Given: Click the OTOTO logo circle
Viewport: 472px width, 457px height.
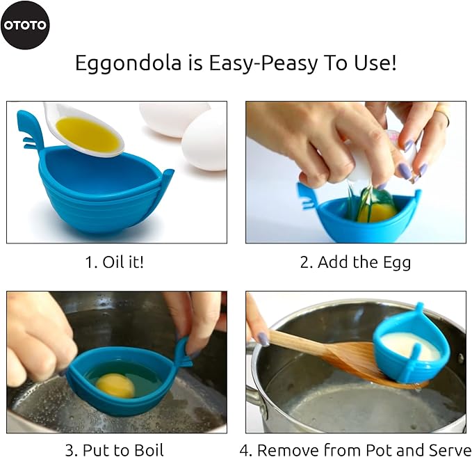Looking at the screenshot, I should [x=25, y=25].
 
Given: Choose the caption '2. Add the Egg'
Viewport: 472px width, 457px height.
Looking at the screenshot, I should [x=355, y=262].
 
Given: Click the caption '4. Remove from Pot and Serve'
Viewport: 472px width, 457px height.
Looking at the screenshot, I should [x=355, y=449].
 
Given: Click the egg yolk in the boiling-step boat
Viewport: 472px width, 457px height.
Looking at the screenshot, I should [x=115, y=385].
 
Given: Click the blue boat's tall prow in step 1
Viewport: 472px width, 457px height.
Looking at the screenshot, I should [x=31, y=129].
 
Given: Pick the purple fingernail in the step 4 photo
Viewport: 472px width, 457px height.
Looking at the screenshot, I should [x=263, y=339].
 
